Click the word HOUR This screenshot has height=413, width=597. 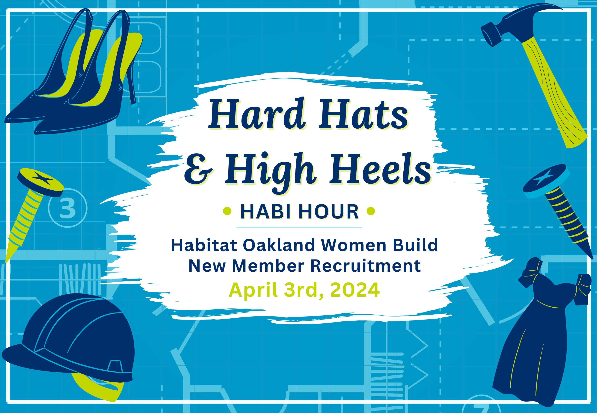tap(329, 212)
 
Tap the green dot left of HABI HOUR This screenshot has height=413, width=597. tap(227, 211)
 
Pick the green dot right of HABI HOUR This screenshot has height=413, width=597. tap(371, 211)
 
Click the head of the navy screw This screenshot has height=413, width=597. tap(546, 179)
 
